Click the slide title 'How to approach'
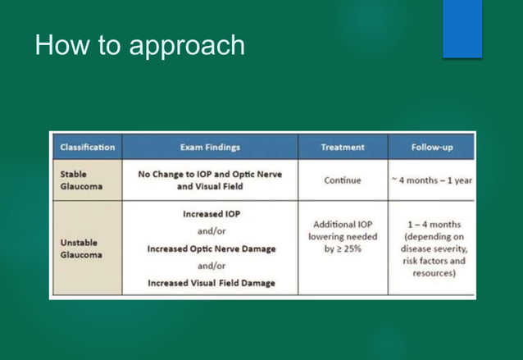coord(139,46)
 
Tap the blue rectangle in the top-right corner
coord(462,29)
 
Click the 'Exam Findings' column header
coord(210,148)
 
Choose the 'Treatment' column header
coord(343,148)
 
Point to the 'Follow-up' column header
coord(432,148)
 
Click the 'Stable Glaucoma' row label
coord(79,180)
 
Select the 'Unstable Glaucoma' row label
coord(82,249)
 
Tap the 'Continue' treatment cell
coord(343,180)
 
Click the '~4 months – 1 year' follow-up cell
coord(432,180)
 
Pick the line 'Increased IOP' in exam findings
coord(211,214)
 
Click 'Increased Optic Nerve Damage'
coord(211,248)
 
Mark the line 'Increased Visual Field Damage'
coord(211,283)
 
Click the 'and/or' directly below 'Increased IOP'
coord(211,231)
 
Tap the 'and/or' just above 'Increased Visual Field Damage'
coord(211,266)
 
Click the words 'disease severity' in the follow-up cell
coord(434,248)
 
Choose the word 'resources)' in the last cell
coord(434,273)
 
